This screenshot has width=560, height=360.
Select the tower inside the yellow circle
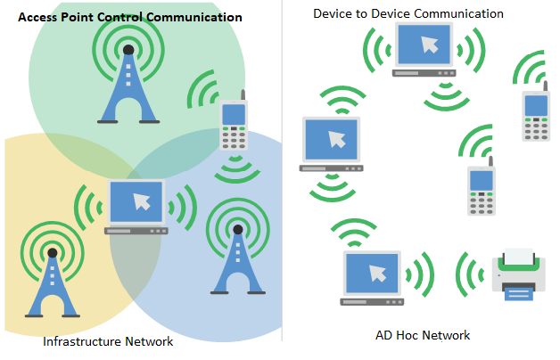pyautogui.click(x=53, y=285)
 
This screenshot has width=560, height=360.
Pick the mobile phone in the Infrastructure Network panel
pyautogui.click(x=234, y=126)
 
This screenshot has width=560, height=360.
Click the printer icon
pyautogui.click(x=518, y=276)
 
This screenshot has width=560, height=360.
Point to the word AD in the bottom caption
pyautogui.click(x=384, y=335)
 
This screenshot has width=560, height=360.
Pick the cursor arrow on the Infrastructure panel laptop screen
pyautogui.click(x=140, y=200)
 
